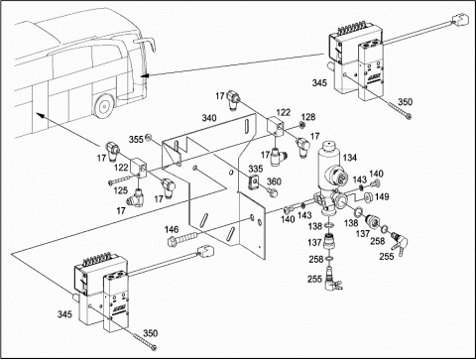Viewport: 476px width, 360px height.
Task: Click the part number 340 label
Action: coord(209,118)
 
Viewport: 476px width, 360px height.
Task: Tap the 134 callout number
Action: coord(350,158)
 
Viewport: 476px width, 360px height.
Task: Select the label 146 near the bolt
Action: coord(172,229)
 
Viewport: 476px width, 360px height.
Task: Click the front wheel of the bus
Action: coord(103,106)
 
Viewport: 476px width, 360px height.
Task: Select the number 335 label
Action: coord(256,169)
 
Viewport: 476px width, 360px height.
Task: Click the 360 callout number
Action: coord(274,181)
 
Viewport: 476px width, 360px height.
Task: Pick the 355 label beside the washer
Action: coord(136,139)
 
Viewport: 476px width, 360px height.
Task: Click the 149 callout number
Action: coord(382,196)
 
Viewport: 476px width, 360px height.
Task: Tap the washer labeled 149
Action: coord(369,197)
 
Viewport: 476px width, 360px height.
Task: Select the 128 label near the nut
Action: coord(308,117)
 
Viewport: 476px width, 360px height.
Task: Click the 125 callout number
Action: coord(121,190)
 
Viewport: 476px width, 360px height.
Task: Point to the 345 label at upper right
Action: coord(319,82)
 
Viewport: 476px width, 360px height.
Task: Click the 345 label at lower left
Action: coord(64,314)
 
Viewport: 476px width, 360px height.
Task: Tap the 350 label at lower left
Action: coord(150,333)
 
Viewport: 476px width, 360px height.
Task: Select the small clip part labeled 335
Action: coord(254,182)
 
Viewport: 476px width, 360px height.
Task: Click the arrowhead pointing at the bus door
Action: coord(144,75)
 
